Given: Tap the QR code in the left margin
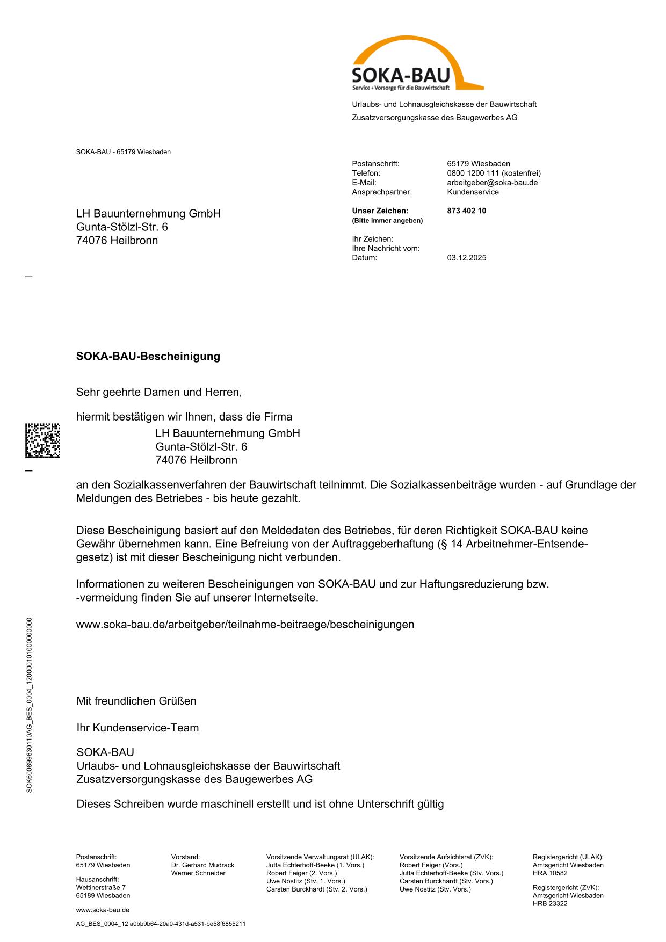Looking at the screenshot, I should (42, 440).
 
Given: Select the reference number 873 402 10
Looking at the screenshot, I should (466, 211).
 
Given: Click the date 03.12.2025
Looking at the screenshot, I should (466, 258).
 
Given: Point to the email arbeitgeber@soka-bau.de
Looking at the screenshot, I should (492, 183).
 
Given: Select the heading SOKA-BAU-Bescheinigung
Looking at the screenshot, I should (148, 357).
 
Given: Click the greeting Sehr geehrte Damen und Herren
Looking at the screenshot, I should (159, 393).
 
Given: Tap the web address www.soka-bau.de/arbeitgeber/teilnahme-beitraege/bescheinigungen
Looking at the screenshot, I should (245, 625).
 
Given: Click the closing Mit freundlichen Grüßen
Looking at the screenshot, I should (136, 701).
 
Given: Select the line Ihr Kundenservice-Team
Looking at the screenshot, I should (137, 728).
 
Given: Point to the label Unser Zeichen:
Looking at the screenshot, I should (380, 211).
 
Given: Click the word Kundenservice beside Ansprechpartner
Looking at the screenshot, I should (473, 192).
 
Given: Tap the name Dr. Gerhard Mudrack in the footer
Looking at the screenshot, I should (202, 865).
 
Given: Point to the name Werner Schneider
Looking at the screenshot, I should (198, 873).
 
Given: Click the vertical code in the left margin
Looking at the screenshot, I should (30, 705).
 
